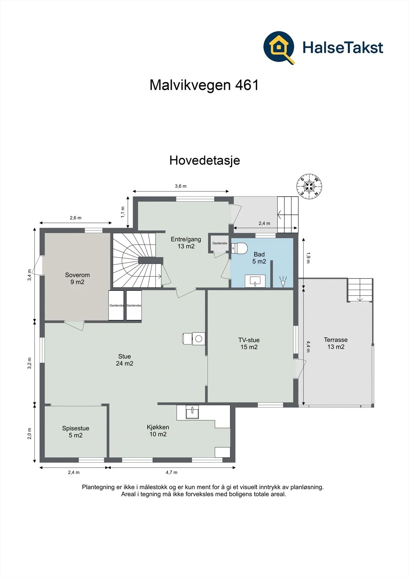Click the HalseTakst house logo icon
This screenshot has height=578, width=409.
click(279, 48)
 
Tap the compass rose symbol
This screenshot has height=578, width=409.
click(309, 186)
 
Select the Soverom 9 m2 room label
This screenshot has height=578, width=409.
click(77, 279)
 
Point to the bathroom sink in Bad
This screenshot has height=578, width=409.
click(255, 281)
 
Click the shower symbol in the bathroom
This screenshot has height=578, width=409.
click(283, 281)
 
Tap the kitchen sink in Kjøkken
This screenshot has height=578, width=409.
click(192, 412)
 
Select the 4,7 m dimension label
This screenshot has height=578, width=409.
click(171, 473)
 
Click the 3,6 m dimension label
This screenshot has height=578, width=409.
click(180, 186)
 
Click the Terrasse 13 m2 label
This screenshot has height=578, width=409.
click(336, 343)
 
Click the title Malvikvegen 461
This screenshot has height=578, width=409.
click(204, 85)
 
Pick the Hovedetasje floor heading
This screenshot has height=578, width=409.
click(205, 160)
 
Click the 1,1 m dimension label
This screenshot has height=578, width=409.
click(123, 212)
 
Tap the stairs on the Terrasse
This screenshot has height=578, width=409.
click(359, 290)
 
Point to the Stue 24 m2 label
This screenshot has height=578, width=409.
click(124, 360)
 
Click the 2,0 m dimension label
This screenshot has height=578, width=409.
click(29, 433)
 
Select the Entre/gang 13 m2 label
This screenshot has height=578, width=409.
click(186, 242)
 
